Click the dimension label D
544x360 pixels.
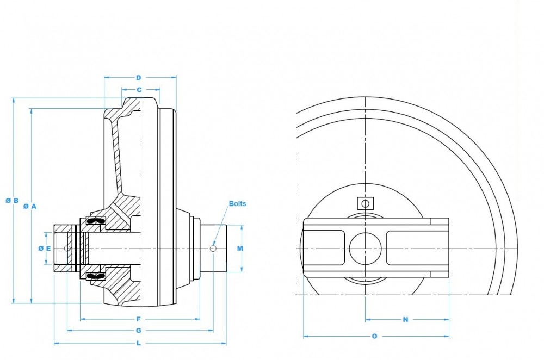(x=139, y=77)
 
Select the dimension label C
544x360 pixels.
(x=139, y=89)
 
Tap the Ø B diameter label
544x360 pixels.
(x=13, y=200)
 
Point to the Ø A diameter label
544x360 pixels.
(x=30, y=206)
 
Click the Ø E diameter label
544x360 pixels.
(x=45, y=249)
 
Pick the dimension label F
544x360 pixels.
(x=139, y=319)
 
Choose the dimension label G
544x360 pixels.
(x=139, y=331)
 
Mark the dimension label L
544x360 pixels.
(x=139, y=343)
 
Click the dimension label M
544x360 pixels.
(x=240, y=249)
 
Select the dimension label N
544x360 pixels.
(x=405, y=320)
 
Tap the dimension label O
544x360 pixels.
(x=374, y=336)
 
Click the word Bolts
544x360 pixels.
(x=237, y=204)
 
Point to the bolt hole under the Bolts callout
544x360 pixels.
(x=213, y=249)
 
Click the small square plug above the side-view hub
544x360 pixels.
(x=365, y=203)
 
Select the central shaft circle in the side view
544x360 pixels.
(x=365, y=249)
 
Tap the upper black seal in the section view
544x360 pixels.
(x=95, y=221)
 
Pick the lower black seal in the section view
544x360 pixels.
(x=95, y=276)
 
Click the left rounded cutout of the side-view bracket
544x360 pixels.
(x=324, y=249)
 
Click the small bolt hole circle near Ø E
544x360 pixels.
(x=67, y=249)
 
